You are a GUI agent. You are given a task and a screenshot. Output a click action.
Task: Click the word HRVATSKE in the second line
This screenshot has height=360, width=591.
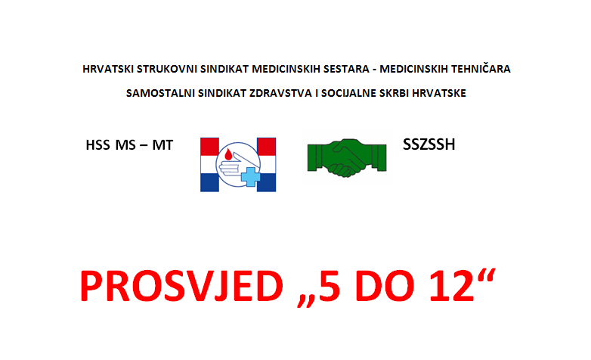[439, 93]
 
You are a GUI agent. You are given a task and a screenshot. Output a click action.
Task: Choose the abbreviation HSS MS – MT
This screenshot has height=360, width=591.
[129, 145]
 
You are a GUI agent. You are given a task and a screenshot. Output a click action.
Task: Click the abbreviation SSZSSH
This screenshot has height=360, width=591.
[429, 144]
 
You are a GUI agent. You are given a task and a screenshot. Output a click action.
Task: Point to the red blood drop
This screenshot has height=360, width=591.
[228, 154]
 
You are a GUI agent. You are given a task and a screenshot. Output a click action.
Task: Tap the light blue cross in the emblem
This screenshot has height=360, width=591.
[250, 177]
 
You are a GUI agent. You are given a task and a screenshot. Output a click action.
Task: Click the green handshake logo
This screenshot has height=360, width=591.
[347, 158]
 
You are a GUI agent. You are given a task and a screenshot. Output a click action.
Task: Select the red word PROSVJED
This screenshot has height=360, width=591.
[181, 286]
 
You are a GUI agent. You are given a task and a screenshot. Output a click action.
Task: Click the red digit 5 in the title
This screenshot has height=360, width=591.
[329, 286]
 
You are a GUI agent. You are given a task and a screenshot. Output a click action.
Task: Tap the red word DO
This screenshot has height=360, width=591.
[385, 286]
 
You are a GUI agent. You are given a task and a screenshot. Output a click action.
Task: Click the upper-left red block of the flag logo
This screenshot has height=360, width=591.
[209, 147]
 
